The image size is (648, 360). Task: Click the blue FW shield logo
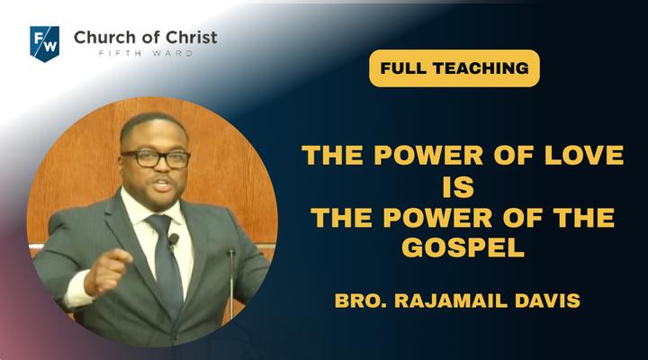point(45,44)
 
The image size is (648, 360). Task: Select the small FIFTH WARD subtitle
point(146,53)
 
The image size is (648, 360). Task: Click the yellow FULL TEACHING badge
point(454,68)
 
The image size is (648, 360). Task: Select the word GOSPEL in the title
point(463,247)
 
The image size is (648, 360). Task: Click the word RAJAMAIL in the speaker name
point(451,301)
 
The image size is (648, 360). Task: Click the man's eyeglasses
point(156,158)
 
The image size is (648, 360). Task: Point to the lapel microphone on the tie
point(174,239)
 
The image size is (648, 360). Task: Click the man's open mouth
point(162,184)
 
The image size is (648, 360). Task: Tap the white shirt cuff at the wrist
point(76,289)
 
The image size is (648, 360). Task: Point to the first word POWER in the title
point(428,155)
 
